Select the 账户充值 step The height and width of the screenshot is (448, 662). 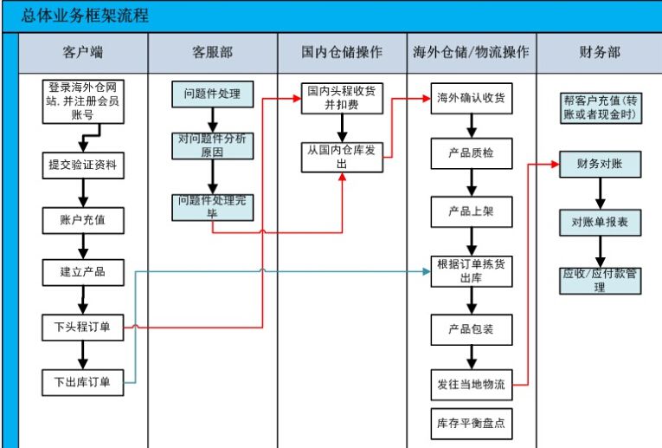83,219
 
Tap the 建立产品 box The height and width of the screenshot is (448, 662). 83,273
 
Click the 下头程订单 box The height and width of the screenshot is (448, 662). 83,327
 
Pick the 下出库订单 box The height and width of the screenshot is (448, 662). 83,380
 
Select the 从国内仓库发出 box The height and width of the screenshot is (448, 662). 342,156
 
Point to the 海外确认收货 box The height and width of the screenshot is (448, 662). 471,99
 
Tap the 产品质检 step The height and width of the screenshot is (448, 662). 471,154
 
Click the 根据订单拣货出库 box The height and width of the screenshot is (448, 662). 471,271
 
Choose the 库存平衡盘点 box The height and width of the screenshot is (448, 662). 471,425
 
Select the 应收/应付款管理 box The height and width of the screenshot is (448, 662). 600,280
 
